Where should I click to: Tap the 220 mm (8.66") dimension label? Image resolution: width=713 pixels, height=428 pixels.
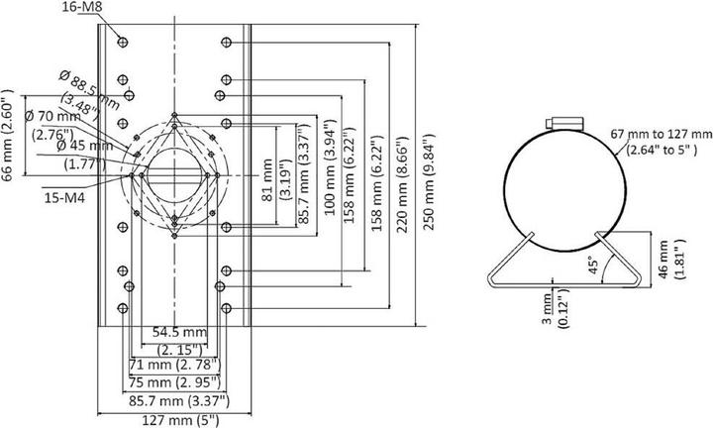(401, 178)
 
